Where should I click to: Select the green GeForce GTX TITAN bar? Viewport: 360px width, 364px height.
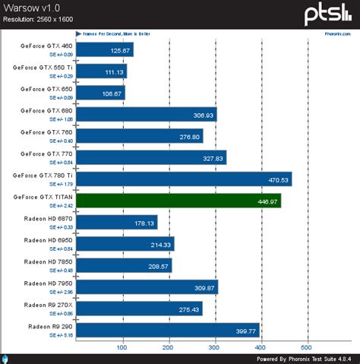[x=178, y=201]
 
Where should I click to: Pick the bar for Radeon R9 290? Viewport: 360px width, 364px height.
[x=167, y=331]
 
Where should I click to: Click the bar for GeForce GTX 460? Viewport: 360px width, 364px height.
[x=104, y=51]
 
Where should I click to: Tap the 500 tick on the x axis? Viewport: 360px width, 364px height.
[x=308, y=348]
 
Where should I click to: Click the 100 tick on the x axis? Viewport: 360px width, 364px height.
[x=122, y=348]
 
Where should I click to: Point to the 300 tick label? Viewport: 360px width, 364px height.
[x=215, y=348]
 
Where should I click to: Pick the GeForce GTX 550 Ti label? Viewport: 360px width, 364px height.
[x=43, y=68]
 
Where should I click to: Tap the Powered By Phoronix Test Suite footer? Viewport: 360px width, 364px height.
[x=302, y=359]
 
